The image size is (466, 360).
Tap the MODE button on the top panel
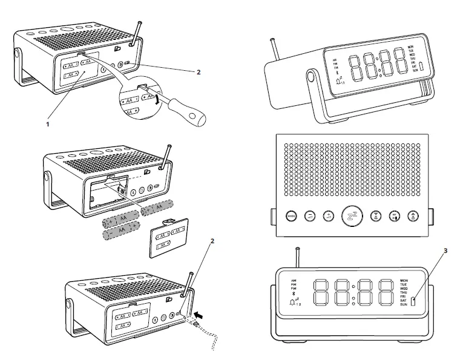(290, 216)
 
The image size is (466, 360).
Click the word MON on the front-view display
(403, 280)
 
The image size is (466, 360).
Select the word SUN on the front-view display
(403, 305)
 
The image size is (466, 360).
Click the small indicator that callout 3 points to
(413, 301)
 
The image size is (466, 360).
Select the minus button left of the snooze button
(310, 216)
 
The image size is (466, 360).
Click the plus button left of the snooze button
(328, 216)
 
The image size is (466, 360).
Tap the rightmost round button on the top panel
(413, 216)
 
